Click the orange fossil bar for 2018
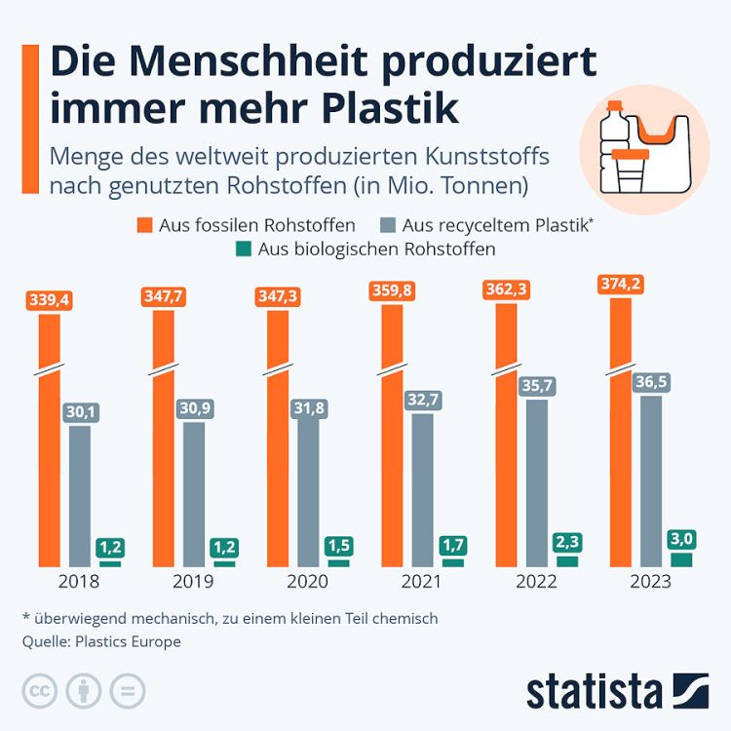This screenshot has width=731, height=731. point(49,439)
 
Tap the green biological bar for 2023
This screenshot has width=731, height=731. point(681,559)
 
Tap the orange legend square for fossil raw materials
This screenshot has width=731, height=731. point(144,225)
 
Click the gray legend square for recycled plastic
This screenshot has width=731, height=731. point(389,225)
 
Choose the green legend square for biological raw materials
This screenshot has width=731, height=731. point(245,249)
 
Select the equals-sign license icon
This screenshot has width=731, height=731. point(127,691)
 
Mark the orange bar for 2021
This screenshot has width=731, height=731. point(392,439)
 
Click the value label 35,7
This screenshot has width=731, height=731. point(536,386)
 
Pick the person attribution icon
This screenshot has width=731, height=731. point(84,691)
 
